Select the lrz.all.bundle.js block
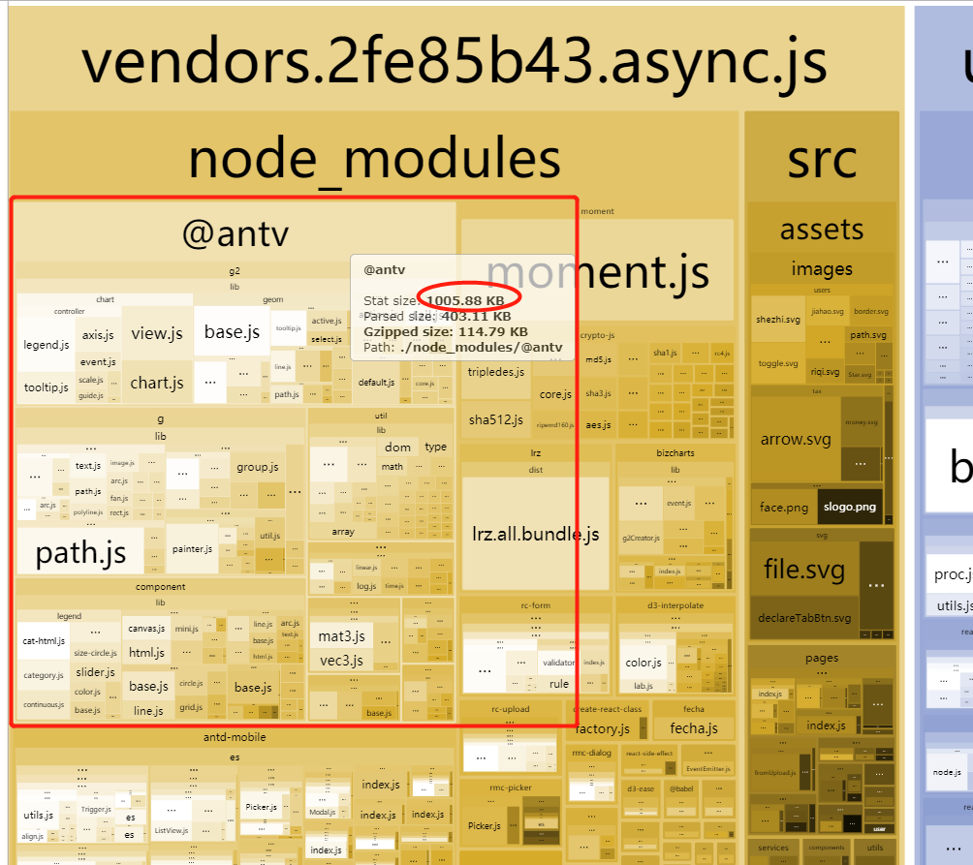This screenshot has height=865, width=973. point(535,534)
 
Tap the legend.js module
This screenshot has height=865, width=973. point(47,345)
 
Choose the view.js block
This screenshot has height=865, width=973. point(157,334)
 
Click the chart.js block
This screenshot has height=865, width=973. point(157,383)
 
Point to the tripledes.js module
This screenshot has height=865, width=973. point(496,372)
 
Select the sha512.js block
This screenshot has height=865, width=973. point(496,419)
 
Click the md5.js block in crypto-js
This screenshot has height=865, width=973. point(598,359)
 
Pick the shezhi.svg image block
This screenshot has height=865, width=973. point(778,320)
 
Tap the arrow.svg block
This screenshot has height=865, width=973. point(795,439)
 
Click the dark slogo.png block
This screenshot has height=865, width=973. point(850,507)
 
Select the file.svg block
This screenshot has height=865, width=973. point(803,569)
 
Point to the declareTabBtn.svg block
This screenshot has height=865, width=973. point(803,618)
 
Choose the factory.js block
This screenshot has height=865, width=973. point(603,728)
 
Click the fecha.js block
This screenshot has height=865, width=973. point(693,728)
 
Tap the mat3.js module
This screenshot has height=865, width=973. point(341,635)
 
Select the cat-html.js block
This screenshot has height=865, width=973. point(44,640)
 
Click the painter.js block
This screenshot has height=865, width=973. point(192,549)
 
